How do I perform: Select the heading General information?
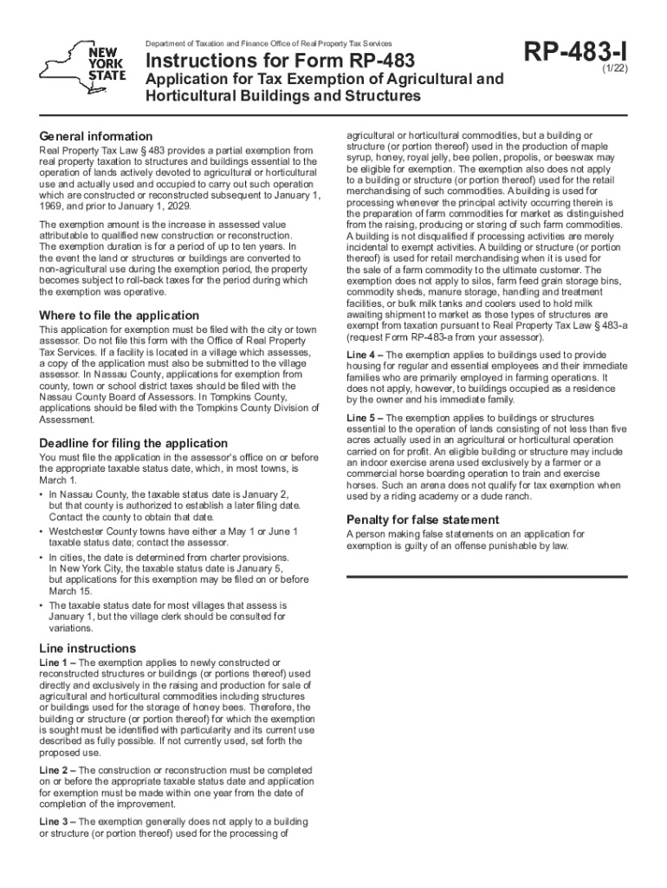point(96,136)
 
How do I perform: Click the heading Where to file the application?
point(120,316)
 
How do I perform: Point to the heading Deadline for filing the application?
point(134,443)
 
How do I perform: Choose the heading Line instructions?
point(88,648)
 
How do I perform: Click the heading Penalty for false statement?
point(423,519)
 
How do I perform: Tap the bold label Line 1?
point(55,663)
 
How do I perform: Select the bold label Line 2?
point(55,770)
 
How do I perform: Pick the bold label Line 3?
point(55,821)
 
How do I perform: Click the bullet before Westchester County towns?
point(42,530)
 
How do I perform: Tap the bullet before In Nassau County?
point(42,493)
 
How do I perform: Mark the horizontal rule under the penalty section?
point(486,573)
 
